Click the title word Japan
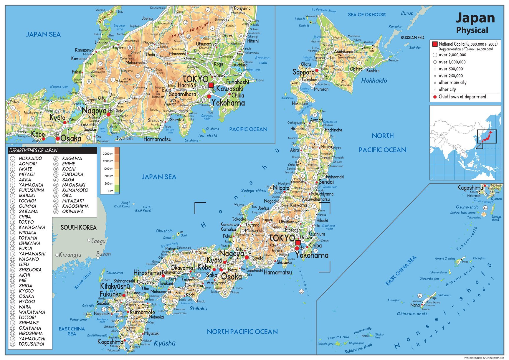tap(475, 18)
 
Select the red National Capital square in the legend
tap(435, 44)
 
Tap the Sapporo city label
tap(303, 72)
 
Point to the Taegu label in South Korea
tap(98, 241)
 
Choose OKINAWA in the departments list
tap(73, 212)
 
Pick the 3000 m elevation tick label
tap(108, 154)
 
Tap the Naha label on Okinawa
tap(415, 305)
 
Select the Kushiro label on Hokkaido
tap(373, 71)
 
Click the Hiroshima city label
tap(147, 273)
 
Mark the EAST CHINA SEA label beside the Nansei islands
tap(401, 270)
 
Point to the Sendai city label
tap(326, 182)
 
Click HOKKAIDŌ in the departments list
tap(30, 158)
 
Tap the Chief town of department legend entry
tap(462, 97)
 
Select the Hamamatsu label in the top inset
tap(157, 139)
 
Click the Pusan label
tap(103, 254)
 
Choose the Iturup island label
tap(407, 13)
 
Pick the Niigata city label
tap(281, 188)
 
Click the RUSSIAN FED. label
tap(412, 37)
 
